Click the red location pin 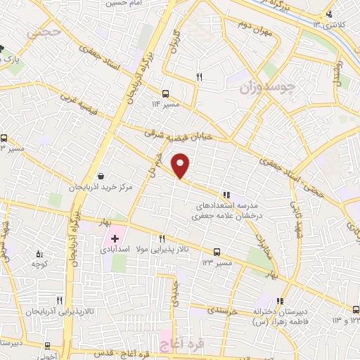click(x=181, y=165)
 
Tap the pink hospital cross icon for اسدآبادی click(x=115, y=239)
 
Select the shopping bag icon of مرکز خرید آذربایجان click(x=103, y=176)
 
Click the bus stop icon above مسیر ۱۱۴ click(x=165, y=93)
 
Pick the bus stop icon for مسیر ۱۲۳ click(x=216, y=251)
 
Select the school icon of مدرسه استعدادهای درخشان click(x=226, y=194)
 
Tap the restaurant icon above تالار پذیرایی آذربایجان click(x=60, y=300)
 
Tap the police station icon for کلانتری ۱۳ click(x=329, y=14)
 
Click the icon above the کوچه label click(x=39, y=254)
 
